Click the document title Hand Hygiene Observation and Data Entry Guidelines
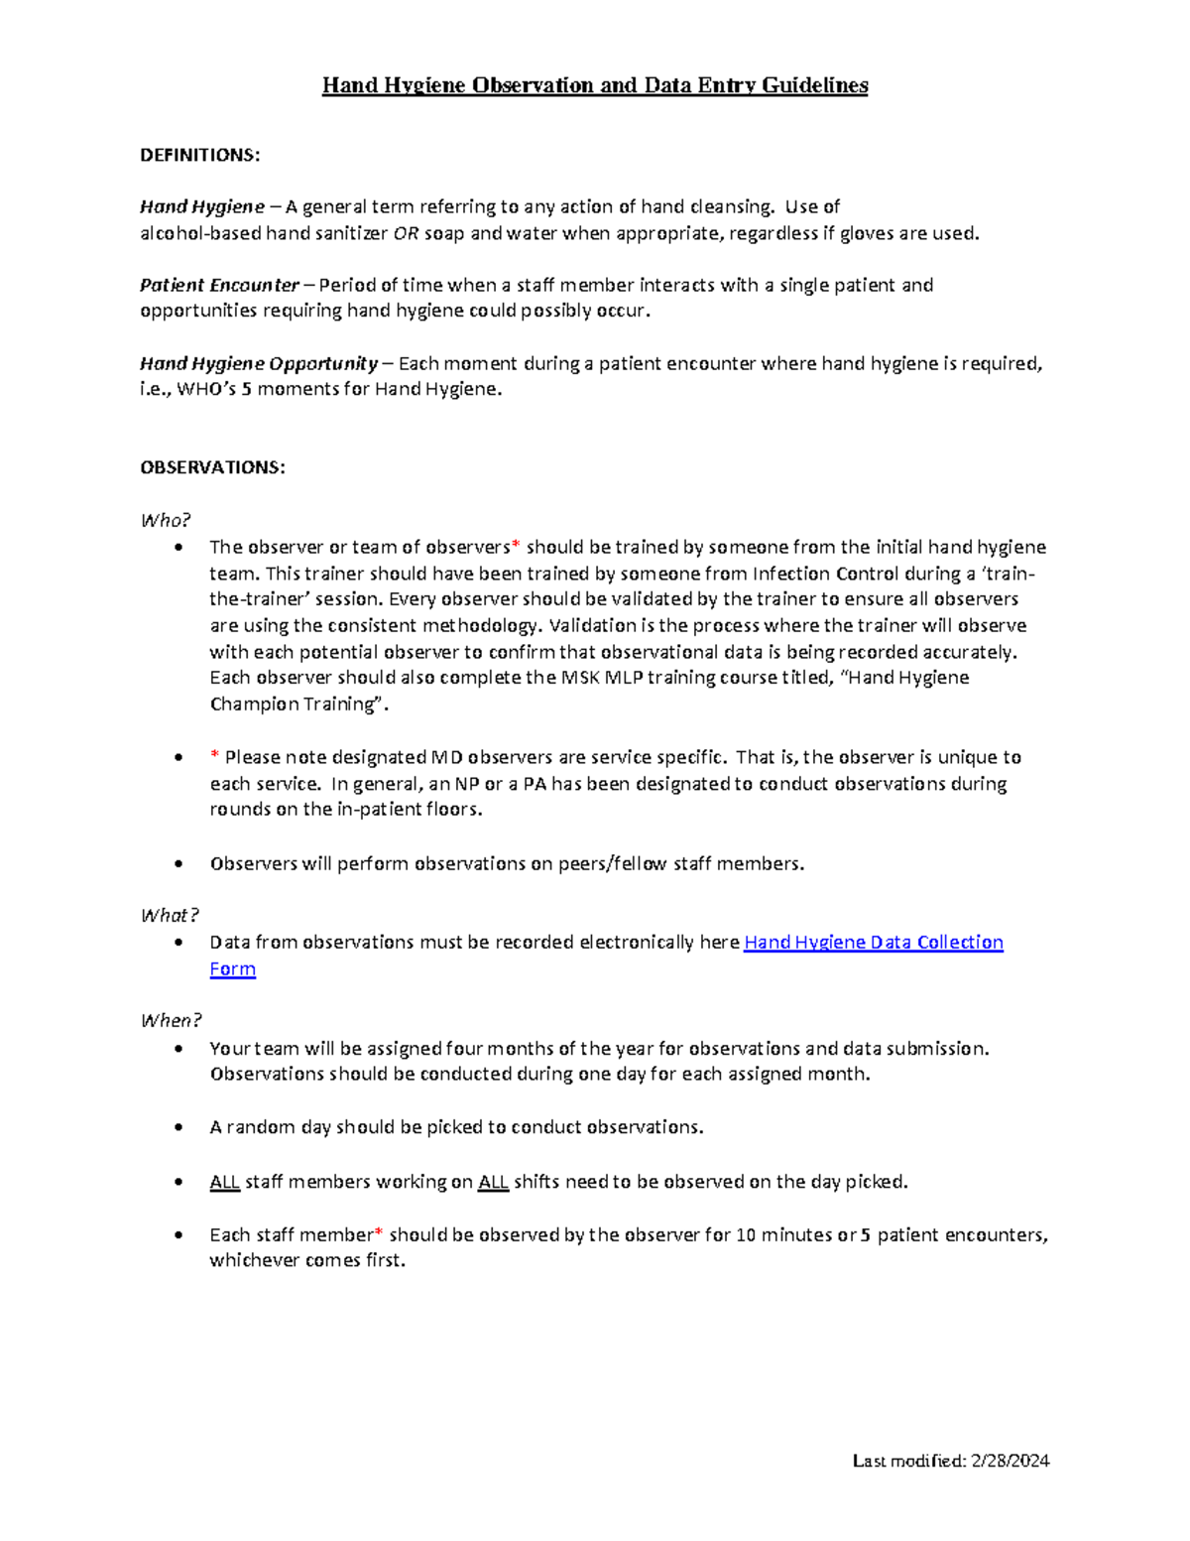(595, 85)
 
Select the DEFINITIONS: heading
(199, 155)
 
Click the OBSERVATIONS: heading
(212, 467)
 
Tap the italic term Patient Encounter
(219, 285)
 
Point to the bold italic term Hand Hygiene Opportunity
(258, 363)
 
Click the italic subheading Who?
(165, 520)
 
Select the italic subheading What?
(170, 915)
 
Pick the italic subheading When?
(171, 1020)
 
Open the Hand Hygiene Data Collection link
(873, 942)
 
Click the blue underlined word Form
(232, 968)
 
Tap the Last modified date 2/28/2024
(1011, 1461)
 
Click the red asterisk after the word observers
(515, 546)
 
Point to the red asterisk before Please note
(214, 757)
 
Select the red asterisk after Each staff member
(378, 1233)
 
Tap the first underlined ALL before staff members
(224, 1182)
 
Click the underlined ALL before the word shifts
(493, 1182)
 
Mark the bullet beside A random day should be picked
(178, 1127)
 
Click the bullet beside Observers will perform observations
(178, 863)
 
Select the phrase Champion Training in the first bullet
(296, 705)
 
